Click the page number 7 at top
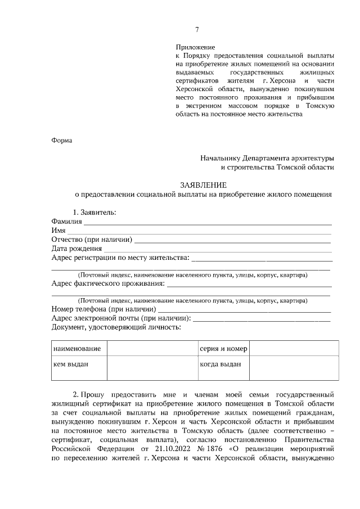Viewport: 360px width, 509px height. coord(197,30)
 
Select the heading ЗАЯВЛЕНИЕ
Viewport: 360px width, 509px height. coord(203,184)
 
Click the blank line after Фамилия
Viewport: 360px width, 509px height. coord(208,223)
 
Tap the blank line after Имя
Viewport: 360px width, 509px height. coord(200,232)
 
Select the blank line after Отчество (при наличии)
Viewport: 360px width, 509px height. coord(233,241)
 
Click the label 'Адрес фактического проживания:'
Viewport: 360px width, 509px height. coord(108,283)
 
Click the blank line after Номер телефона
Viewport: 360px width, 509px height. coord(245,310)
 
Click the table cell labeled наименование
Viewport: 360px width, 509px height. coord(77,349)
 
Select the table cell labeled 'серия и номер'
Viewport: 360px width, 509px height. coord(223,349)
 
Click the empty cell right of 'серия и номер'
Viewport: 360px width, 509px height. coord(294,349)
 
